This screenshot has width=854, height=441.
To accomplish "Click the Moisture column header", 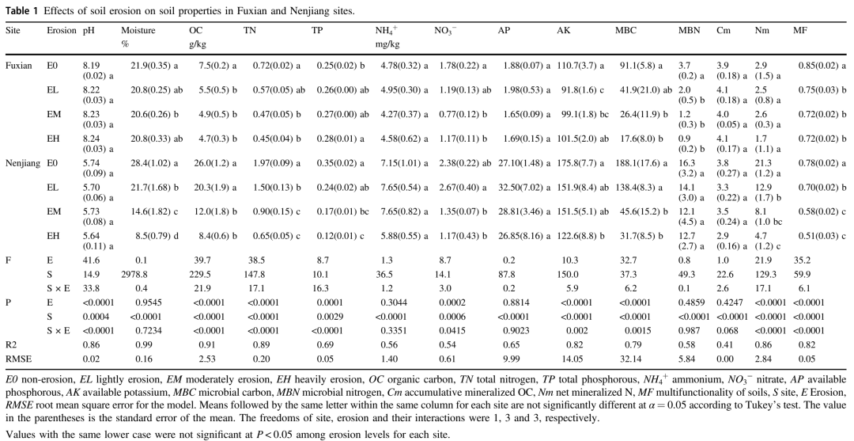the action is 138,31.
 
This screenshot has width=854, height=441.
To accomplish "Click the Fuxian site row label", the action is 19,67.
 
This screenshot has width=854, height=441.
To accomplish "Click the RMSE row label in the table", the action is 17,358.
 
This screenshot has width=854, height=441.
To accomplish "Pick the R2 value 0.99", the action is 138,344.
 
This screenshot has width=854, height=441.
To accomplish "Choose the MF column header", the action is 800,31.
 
